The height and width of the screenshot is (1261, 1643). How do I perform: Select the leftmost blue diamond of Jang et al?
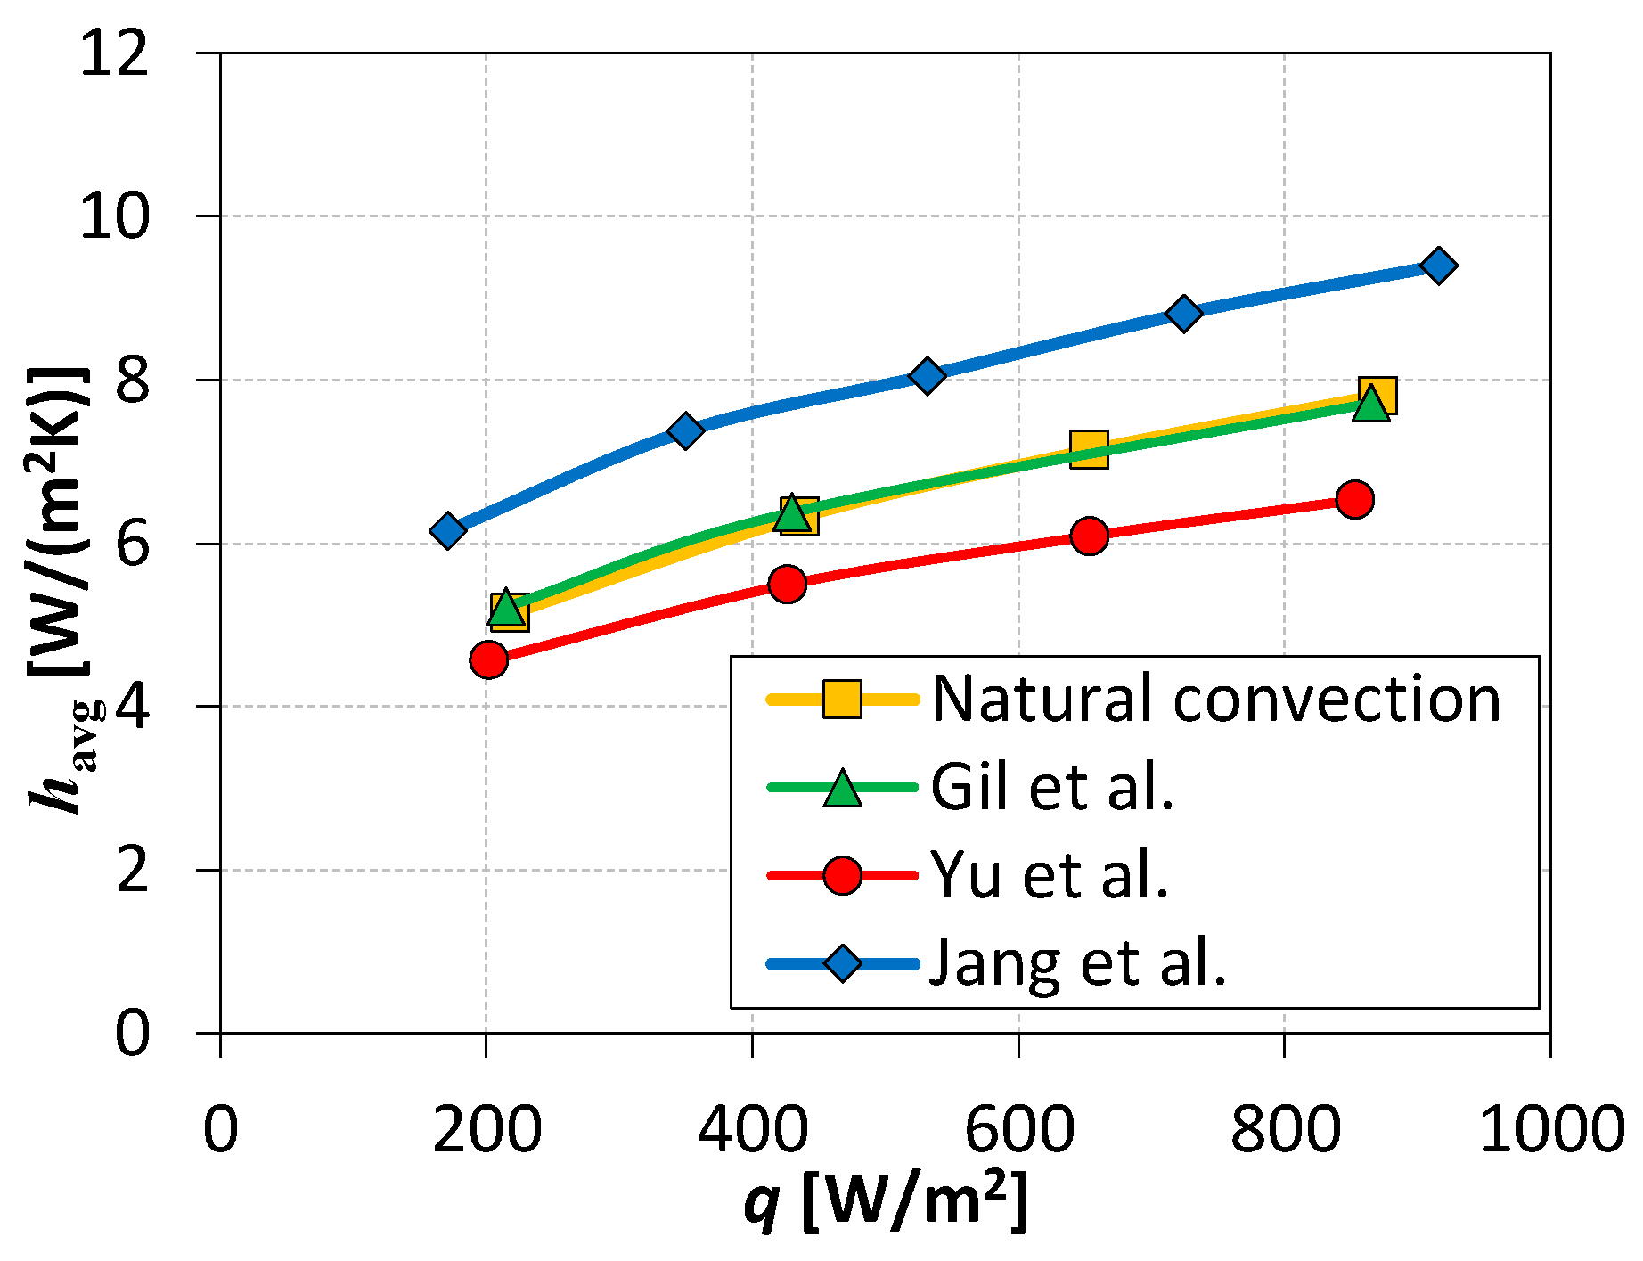447,530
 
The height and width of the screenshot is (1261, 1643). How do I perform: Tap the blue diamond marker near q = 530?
927,376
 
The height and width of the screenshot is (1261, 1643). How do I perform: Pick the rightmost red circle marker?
1354,499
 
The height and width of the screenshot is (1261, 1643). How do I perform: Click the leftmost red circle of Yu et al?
488,659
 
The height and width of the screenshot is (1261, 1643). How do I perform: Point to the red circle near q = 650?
1089,536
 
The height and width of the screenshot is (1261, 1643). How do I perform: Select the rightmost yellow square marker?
1377,395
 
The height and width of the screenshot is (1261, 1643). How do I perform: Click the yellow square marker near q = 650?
1089,449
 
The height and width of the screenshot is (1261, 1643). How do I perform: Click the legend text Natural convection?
1216,699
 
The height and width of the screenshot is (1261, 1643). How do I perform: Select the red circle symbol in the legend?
842,876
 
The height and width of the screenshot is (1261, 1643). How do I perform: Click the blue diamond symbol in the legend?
842,963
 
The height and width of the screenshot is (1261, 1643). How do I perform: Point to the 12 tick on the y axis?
113,53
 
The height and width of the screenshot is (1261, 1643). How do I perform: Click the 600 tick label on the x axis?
1018,1129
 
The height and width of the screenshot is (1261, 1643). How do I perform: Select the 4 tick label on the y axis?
131,707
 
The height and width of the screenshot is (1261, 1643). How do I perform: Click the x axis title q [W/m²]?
886,1202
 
